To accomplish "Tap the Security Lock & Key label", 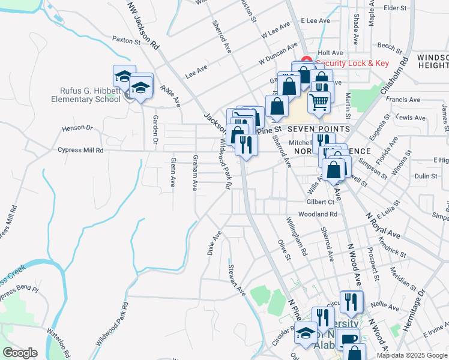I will tap(352, 63).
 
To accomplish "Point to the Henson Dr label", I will tap(77, 128).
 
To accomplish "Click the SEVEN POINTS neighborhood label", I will tap(318, 130).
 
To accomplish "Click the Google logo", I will tap(20, 353).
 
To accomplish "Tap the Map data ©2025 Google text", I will tap(411, 355).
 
